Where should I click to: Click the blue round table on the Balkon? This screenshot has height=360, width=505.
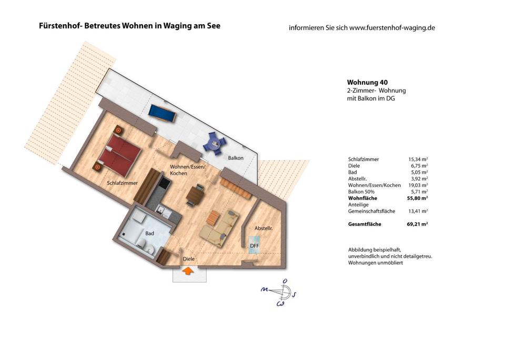[x=215, y=142]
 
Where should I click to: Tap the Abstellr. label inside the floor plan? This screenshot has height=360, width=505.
[x=264, y=228]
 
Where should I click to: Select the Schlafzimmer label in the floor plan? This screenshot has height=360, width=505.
[x=122, y=183]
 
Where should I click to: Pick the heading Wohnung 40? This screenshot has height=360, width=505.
[x=367, y=82]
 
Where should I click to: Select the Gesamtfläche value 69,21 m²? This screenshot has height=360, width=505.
[x=417, y=224]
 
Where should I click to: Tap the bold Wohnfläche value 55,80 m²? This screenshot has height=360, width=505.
[x=417, y=198]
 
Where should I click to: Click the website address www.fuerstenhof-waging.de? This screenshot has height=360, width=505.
[x=392, y=27]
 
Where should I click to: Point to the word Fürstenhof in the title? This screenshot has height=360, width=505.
[x=57, y=25]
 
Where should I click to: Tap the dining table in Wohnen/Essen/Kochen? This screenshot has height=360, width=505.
[x=194, y=195]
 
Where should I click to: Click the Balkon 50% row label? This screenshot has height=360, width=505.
[x=363, y=192]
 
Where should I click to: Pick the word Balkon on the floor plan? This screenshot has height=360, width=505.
[x=235, y=158]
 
